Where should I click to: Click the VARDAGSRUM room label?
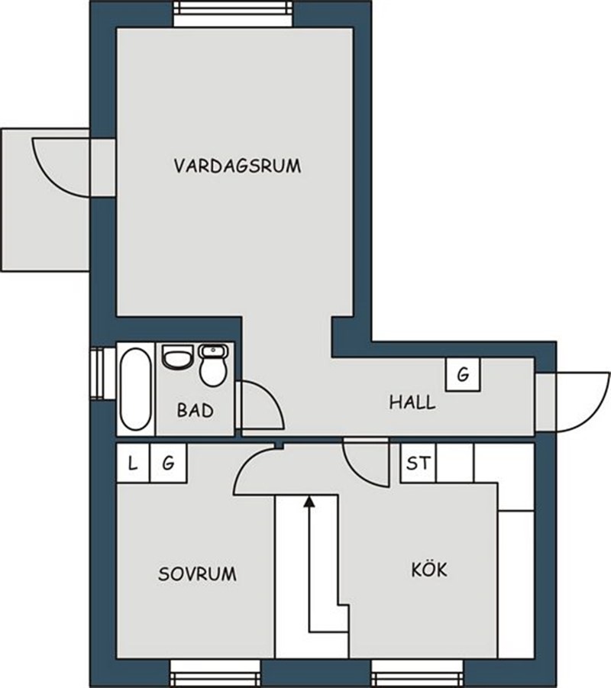238,166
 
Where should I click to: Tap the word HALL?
412,402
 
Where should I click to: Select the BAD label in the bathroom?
196,410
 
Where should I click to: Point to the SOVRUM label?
197,574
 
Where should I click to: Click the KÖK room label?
429,569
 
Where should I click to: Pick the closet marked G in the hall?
463,374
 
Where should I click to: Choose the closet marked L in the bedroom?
134,463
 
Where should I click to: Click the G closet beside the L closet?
169,463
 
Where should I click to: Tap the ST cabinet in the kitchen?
418,463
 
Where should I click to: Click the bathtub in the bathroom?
136,389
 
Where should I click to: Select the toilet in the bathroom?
213,365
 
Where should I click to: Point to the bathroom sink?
177,357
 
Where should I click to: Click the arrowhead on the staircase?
310,501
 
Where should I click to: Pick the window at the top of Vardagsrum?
233,14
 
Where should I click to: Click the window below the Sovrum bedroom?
215,673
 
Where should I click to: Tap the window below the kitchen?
417,673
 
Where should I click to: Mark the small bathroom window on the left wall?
103,374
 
